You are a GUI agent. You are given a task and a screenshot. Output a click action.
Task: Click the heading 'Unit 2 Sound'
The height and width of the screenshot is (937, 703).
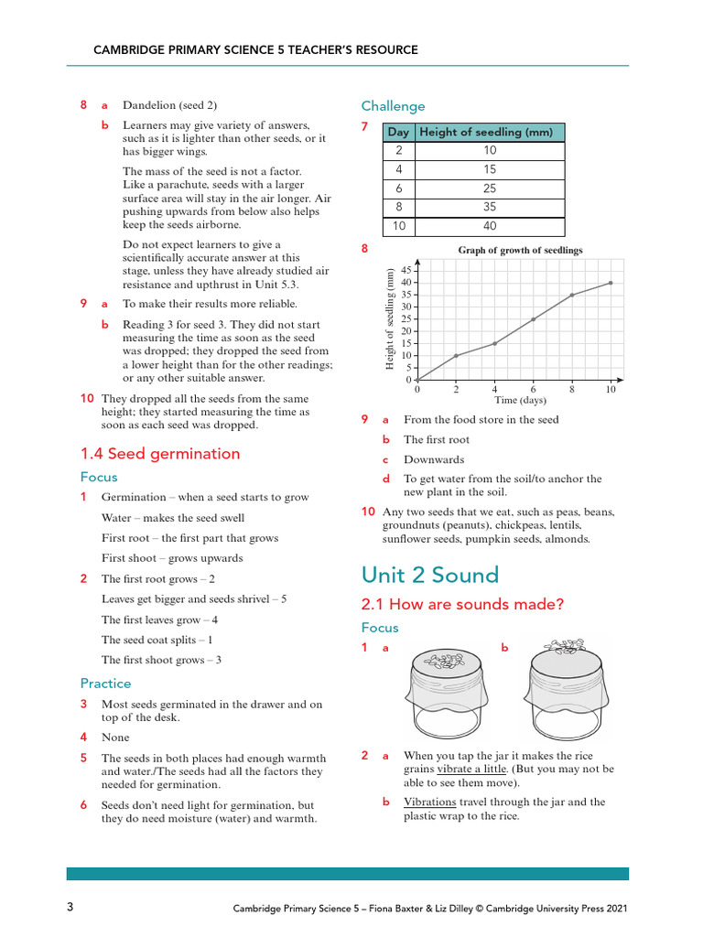click(429, 575)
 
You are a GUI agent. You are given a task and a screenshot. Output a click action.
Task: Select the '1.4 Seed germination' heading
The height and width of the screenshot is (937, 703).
click(160, 454)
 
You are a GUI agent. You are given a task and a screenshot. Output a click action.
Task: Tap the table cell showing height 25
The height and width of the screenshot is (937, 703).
click(490, 188)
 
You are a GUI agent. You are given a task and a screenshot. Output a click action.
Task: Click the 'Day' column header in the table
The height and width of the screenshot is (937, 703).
click(398, 133)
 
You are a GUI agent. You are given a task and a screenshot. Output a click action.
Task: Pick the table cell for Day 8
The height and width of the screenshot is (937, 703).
click(398, 208)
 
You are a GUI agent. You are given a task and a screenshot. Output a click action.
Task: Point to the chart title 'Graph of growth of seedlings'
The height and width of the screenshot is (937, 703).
click(520, 250)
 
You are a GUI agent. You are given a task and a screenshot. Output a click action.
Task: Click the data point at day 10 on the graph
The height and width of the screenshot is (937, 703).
click(611, 283)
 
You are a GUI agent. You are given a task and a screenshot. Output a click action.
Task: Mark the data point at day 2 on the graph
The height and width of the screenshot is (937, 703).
click(456, 355)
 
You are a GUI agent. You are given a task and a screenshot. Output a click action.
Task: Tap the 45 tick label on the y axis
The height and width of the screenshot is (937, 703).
click(406, 271)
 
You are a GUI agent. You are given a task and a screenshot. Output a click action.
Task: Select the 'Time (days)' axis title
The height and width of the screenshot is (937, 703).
click(520, 400)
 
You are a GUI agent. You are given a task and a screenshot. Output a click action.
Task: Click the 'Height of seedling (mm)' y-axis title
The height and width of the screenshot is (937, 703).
click(390, 319)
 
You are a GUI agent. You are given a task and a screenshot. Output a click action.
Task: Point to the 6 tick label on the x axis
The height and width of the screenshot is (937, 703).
click(533, 389)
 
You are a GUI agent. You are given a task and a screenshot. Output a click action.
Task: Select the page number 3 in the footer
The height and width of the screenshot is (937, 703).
click(70, 908)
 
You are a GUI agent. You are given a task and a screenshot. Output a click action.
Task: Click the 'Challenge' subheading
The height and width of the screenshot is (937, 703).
click(393, 106)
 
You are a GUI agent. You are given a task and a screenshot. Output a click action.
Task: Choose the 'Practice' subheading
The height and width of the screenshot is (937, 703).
click(105, 684)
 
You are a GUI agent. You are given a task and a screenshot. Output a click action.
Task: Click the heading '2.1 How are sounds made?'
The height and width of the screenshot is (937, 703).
click(462, 604)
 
